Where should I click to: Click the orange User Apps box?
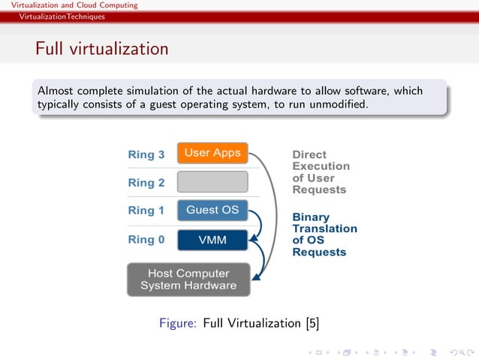[212, 153]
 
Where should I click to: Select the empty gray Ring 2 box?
[212, 182]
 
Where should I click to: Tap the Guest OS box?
[212, 210]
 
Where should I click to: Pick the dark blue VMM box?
[212, 240]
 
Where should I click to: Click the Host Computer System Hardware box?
[188, 279]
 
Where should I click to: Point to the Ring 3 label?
[146, 155]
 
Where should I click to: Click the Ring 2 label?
[146, 183]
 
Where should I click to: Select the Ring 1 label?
[146, 211]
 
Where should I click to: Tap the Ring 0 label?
[146, 240]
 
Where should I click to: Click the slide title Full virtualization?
[101, 50]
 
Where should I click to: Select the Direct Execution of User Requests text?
[321, 172]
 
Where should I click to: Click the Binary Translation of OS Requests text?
[324, 234]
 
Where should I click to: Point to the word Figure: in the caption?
[178, 324]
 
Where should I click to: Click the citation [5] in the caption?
[312, 324]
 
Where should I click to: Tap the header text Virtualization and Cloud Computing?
[74, 5]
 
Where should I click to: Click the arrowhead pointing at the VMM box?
[253, 238]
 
